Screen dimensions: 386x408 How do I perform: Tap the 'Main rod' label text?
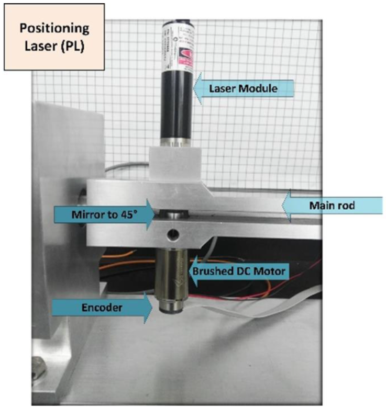339,206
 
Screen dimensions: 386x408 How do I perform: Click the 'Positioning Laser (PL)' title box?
54,37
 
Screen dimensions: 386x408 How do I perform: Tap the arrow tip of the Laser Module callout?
194,89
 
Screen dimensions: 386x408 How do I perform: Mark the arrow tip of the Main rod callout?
283,206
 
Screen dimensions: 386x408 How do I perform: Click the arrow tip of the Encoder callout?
157,308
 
